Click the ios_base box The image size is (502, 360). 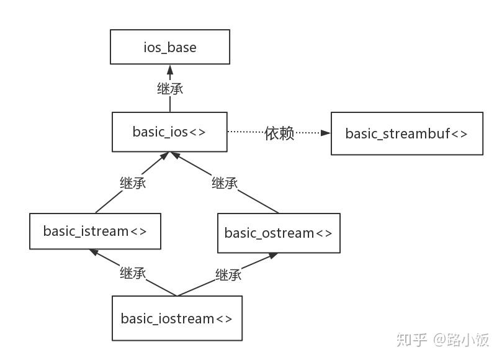[x=170, y=47]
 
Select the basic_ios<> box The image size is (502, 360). [x=169, y=132]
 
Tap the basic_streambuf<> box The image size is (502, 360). [x=407, y=133]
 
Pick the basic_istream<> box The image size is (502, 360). [x=95, y=231]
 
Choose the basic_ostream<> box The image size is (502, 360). [x=279, y=233]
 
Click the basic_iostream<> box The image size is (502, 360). [x=177, y=318]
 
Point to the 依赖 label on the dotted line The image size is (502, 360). [x=279, y=133]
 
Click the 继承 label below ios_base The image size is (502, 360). [x=170, y=89]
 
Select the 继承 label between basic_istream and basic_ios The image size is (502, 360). [x=133, y=183]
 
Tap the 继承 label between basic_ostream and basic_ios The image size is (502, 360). [x=225, y=183]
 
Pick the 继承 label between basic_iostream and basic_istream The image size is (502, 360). [x=133, y=273]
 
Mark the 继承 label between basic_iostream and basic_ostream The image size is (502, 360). [x=228, y=275]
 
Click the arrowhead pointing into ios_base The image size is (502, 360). [x=170, y=70]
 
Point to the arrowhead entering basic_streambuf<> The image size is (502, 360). [x=326, y=133]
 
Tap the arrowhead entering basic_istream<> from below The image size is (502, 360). [x=94, y=252]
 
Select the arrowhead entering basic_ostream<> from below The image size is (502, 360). [x=273, y=256]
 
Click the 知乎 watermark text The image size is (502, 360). [x=412, y=340]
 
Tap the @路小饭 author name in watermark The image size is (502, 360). [x=461, y=340]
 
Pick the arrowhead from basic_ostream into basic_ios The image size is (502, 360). [x=176, y=155]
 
